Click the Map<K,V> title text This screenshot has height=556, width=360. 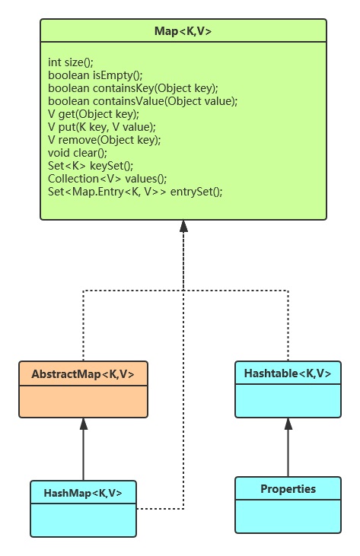tap(183, 31)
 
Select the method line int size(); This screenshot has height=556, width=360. tap(71, 62)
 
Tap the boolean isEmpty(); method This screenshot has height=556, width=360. tap(95, 75)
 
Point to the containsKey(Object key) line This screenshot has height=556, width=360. tap(133, 88)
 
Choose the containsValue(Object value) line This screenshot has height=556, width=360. tap(142, 101)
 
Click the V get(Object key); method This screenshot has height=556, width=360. tap(94, 114)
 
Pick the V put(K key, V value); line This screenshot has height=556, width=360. tap(102, 127)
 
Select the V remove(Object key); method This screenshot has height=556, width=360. tap(104, 140)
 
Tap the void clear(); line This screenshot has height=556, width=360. tap(78, 153)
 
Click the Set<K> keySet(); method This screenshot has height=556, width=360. tap(91, 166)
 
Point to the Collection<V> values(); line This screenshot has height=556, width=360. tap(107, 179)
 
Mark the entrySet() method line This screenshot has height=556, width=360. tap(135, 192)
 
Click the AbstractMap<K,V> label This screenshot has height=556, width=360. tap(83, 374)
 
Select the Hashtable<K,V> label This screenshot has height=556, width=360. tap(288, 373)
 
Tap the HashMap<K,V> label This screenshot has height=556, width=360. tap(83, 493)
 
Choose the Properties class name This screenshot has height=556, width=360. tap(288, 489)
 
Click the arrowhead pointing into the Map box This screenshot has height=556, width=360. tap(183, 226)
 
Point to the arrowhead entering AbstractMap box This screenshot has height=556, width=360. tap(84, 424)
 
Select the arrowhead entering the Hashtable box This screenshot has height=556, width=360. tap(288, 424)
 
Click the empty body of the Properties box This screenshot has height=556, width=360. tap(288, 516)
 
